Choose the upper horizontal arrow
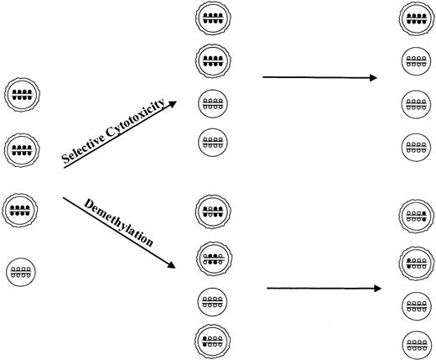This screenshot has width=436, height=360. point(319,78)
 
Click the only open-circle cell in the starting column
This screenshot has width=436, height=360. point(18,271)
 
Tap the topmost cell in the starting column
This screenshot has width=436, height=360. point(19,94)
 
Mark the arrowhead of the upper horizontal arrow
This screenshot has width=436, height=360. point(373,78)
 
